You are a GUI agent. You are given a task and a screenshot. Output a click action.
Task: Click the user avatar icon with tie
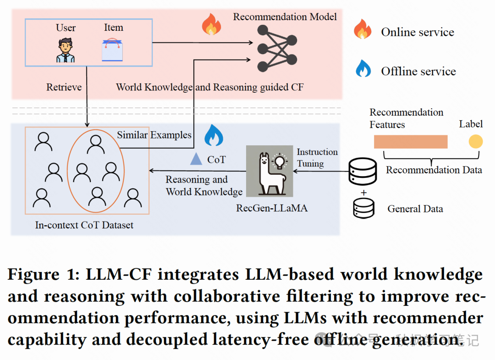66,50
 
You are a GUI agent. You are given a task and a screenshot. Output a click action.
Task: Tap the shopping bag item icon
112,50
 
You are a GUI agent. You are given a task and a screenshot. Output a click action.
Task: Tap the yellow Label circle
475,141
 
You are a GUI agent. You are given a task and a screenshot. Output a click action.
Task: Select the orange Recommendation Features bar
410,141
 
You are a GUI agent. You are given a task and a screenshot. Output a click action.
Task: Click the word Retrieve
64,87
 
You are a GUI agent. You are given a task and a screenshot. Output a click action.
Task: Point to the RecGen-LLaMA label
272,208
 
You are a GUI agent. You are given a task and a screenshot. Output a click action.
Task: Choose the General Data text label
415,209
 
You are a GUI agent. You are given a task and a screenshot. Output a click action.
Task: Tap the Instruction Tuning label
317,157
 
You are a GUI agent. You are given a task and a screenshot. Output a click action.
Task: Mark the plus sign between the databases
363,192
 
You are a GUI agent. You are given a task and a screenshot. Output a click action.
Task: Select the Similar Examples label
154,135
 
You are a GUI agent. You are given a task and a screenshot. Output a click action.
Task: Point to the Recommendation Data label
434,170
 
